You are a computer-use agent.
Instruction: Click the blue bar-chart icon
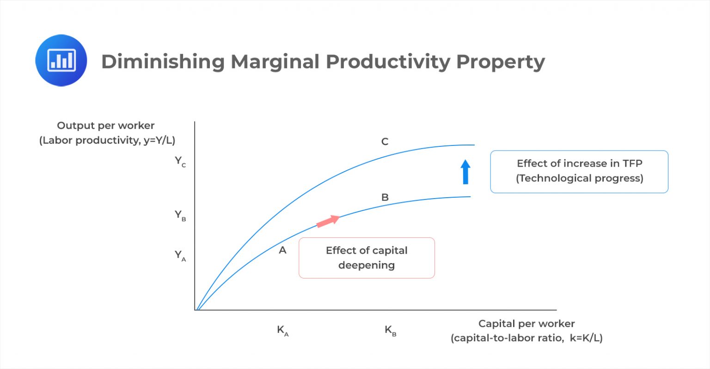pos(61,60)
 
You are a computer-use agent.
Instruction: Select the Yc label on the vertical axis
pos(180,161)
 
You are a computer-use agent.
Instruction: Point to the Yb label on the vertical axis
pos(180,215)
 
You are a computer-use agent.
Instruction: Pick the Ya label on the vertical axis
pos(180,255)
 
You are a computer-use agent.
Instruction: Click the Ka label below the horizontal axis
pos(282,330)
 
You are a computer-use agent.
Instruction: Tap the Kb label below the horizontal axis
pos(391,330)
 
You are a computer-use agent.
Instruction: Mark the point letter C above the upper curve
pos(385,142)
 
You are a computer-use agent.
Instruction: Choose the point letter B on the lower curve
pos(385,197)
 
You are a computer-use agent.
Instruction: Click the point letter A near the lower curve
pos(282,250)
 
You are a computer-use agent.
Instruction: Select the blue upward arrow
pos(465,172)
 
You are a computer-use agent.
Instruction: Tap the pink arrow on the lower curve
pos(328,221)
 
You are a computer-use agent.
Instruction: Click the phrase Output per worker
pos(105,126)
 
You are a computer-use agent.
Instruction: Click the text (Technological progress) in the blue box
pos(579,178)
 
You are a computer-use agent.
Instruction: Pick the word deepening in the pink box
pos(366,266)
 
